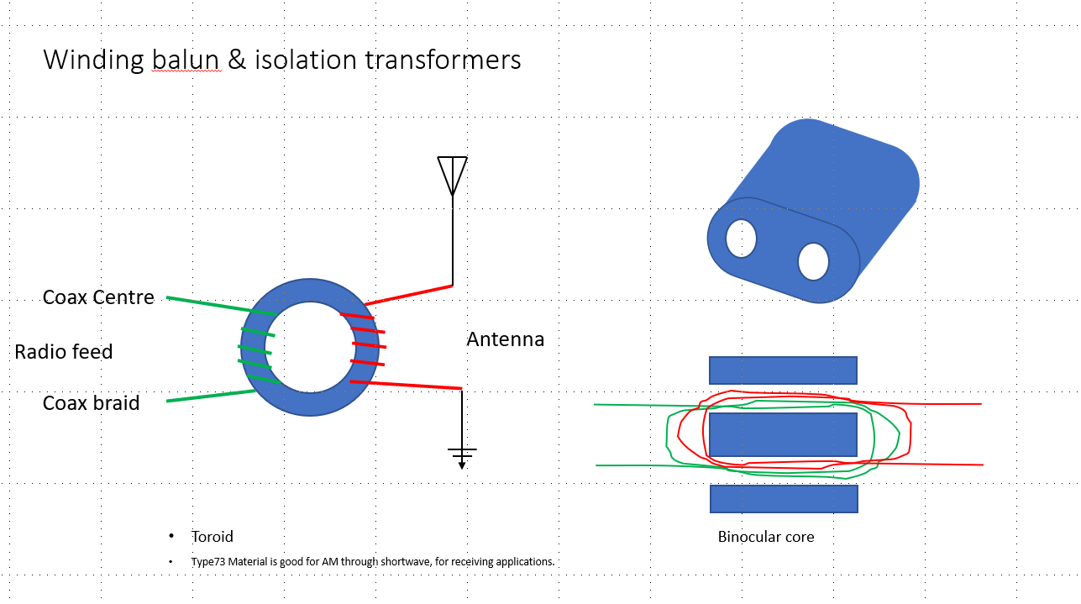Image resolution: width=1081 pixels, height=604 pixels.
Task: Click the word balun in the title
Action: tap(186, 60)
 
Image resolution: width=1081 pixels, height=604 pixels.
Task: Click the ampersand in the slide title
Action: tap(237, 60)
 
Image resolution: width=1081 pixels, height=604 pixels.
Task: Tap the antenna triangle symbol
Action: tap(452, 176)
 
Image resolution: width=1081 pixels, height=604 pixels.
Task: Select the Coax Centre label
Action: tap(98, 297)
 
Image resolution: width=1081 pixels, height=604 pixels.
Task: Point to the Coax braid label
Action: tap(92, 402)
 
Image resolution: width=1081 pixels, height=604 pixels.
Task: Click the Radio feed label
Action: tap(64, 351)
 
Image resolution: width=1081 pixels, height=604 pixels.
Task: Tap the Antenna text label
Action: tap(506, 339)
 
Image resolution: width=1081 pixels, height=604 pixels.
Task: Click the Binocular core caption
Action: tap(766, 537)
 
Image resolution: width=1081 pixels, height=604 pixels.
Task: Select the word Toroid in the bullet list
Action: tap(213, 537)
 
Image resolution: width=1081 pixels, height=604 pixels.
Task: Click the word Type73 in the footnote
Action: tap(208, 561)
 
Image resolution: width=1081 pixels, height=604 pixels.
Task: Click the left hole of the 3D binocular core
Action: tap(741, 239)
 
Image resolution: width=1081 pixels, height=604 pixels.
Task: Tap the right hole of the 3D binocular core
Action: tap(813, 262)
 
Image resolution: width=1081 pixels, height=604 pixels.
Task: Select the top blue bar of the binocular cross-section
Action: tap(783, 370)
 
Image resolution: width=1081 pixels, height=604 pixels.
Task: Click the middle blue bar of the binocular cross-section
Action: tap(783, 434)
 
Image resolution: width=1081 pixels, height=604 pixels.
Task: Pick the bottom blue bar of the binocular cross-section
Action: tap(784, 499)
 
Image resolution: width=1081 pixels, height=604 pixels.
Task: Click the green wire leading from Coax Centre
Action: tap(222, 306)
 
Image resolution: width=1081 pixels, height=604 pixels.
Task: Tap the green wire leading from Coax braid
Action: tap(211, 396)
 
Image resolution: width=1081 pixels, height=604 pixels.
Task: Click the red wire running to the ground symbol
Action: tap(406, 385)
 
